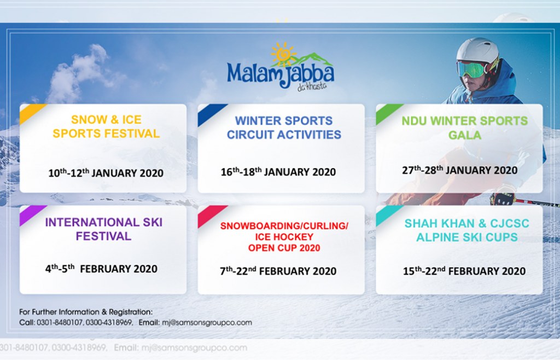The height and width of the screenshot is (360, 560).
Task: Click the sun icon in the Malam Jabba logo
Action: tap(283, 54)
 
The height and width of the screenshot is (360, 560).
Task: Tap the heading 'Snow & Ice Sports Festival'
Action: tap(106, 126)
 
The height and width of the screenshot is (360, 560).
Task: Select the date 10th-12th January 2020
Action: tap(106, 173)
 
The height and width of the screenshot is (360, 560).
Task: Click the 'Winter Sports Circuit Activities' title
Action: tap(283, 127)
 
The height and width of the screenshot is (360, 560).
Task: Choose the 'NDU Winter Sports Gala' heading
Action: tap(465, 127)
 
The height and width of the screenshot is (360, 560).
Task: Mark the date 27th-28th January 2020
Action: tap(459, 170)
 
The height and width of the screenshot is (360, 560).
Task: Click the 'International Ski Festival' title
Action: tap(103, 229)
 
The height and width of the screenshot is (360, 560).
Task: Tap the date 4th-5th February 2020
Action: tap(101, 269)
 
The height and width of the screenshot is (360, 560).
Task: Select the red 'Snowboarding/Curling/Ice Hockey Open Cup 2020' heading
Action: tap(283, 237)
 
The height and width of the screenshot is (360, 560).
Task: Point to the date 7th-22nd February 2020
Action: tap(278, 271)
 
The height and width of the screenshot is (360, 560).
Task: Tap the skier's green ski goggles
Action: tap(472, 69)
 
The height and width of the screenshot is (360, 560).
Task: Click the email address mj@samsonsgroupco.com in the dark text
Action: tap(207, 322)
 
